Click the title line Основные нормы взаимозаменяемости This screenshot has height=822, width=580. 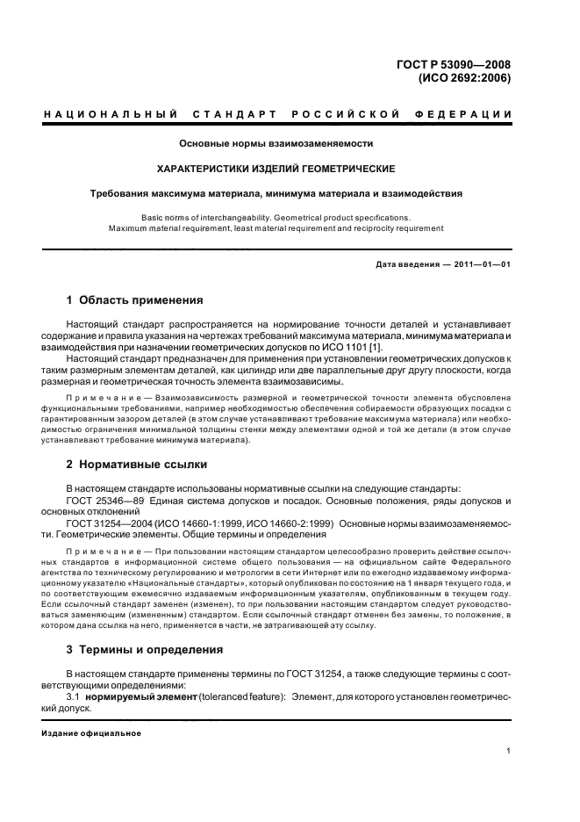pos(276,143)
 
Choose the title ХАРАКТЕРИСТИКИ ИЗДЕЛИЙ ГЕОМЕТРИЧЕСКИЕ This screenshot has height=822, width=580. pos(276,168)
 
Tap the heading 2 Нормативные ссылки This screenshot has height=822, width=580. pos(137,464)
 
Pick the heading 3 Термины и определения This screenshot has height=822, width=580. pos(145,649)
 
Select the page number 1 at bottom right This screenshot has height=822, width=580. pos(508,751)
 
